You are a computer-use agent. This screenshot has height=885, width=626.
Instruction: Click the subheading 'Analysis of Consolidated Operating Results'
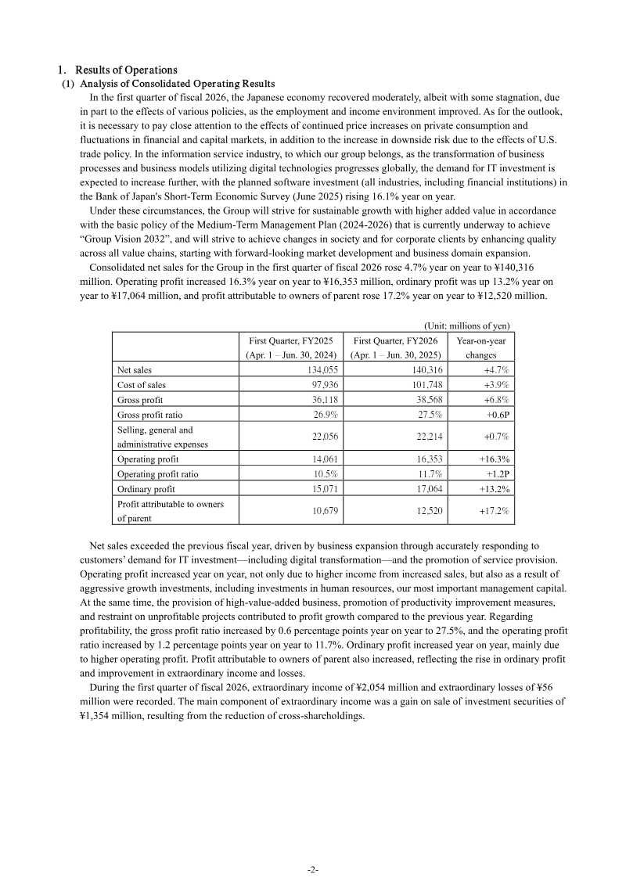point(178,84)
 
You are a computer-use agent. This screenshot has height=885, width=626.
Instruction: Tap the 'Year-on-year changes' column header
point(480,347)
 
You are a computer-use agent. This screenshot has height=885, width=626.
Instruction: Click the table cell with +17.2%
point(495,511)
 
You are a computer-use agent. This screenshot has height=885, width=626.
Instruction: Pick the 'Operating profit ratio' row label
point(157,474)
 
